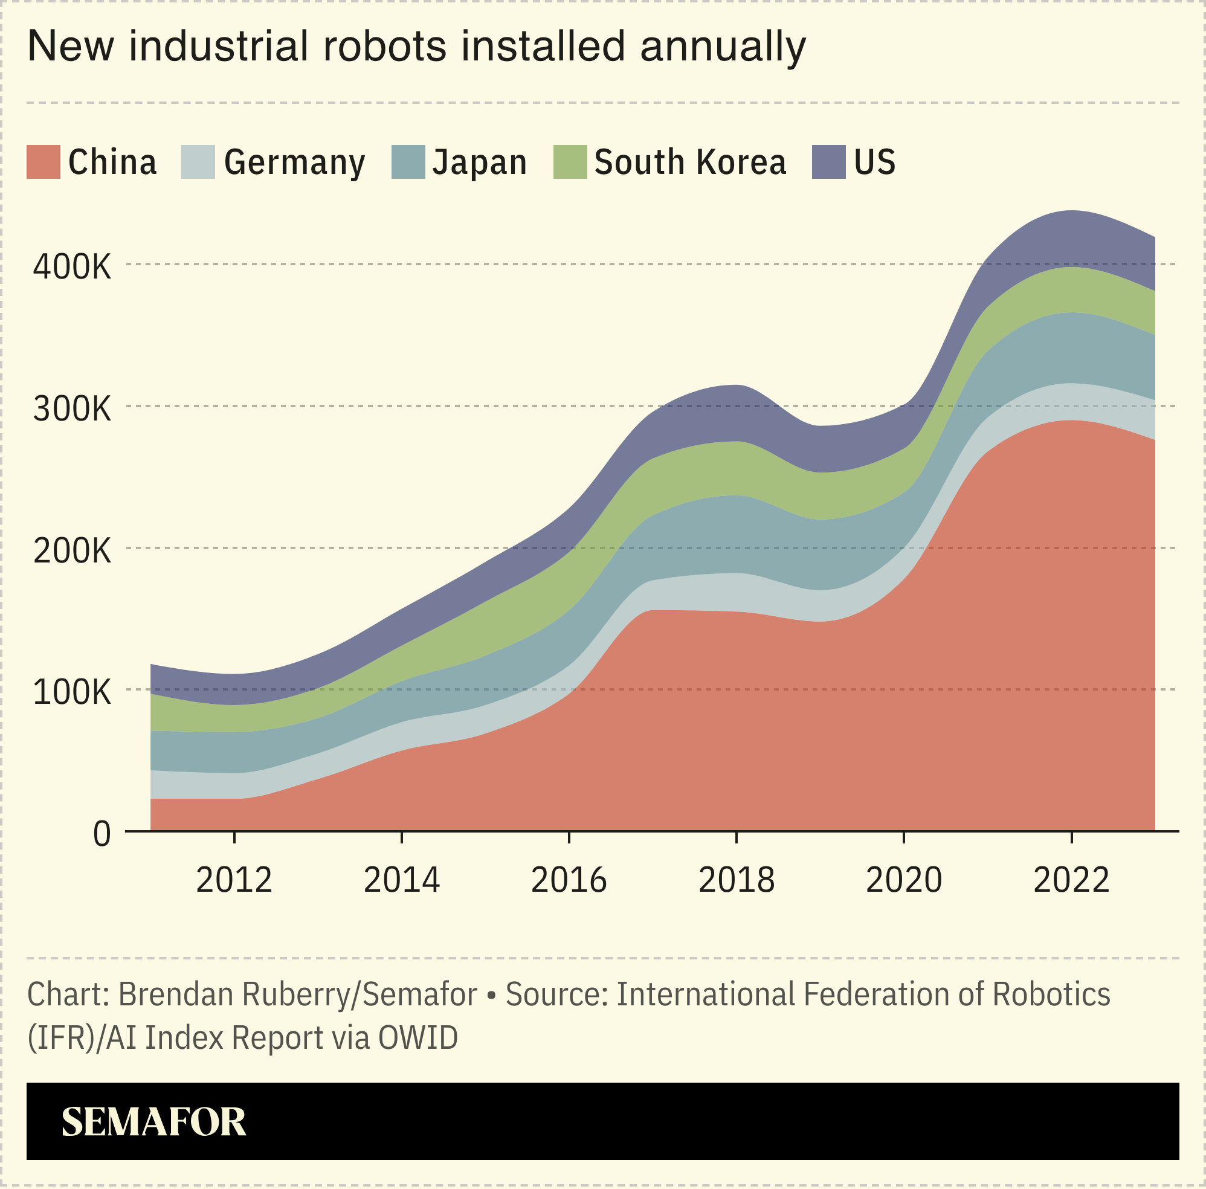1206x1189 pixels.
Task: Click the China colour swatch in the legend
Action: tap(43, 162)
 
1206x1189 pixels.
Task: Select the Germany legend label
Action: tap(294, 163)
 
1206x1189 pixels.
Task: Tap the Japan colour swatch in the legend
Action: tap(408, 162)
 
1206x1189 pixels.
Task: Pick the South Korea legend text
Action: tap(690, 163)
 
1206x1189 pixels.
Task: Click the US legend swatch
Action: tap(828, 162)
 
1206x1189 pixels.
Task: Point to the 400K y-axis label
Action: tap(72, 266)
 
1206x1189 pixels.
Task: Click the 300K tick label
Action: tap(72, 409)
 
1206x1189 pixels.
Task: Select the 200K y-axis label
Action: tap(72, 550)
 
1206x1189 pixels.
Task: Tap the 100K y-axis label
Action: tap(72, 692)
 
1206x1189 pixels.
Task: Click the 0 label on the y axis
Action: tap(102, 834)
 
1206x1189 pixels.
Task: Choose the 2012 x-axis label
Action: tap(234, 880)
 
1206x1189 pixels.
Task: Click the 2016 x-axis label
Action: tap(569, 880)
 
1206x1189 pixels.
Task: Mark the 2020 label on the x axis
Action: tap(904, 880)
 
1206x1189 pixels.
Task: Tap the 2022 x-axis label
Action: tap(1071, 880)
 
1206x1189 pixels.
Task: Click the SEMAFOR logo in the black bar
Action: tap(153, 1121)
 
